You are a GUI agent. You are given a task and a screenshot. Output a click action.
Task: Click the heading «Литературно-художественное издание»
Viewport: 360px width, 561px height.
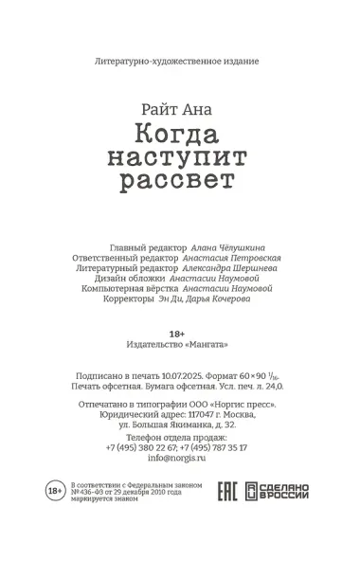click(178, 60)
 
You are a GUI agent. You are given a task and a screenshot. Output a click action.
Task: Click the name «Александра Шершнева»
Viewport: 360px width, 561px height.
click(231, 270)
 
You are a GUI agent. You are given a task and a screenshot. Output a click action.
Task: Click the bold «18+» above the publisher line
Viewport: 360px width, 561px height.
click(177, 333)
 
